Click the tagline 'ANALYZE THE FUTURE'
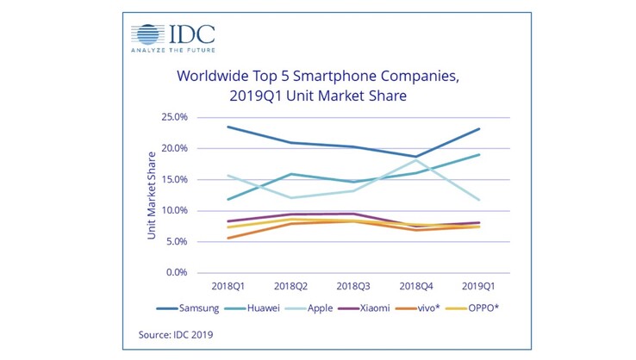172,50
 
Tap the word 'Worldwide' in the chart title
215,77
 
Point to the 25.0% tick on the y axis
175,118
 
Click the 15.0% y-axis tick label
175,179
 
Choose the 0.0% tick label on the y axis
178,272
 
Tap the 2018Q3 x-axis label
353,285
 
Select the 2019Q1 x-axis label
479,285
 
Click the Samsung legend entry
191,307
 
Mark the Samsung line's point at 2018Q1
228,127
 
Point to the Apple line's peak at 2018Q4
416,160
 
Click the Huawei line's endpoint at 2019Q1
479,155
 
